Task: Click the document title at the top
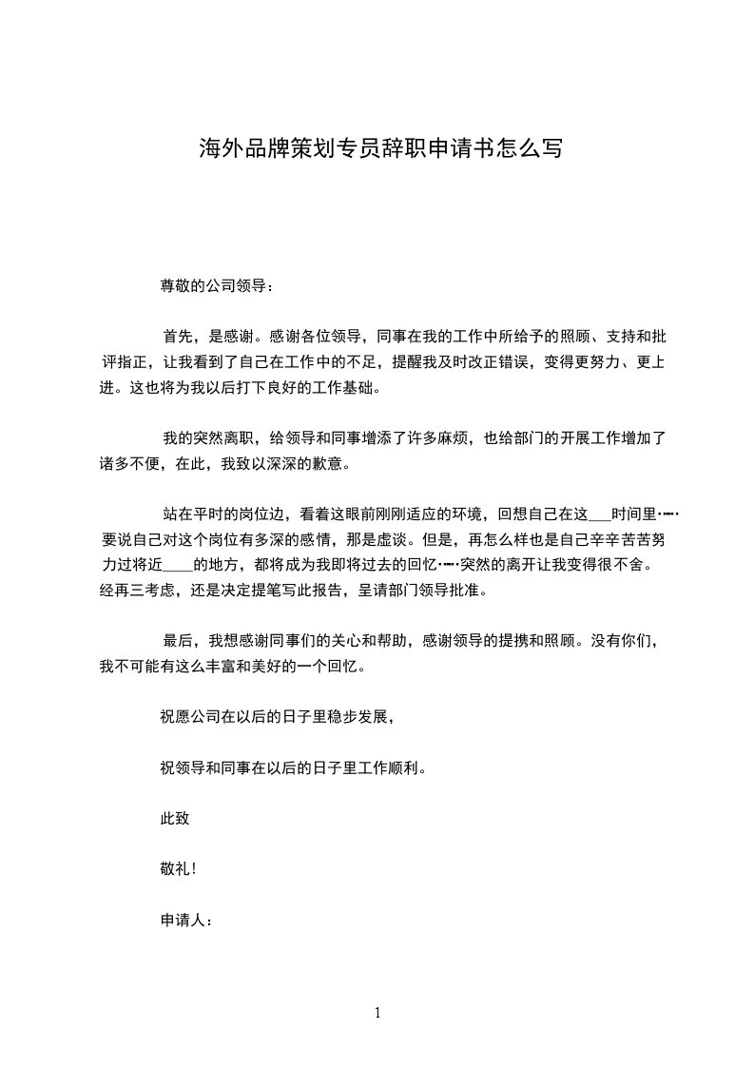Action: [379, 148]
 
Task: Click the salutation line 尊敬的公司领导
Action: [217, 285]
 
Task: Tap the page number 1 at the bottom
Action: [377, 1013]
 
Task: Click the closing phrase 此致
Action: [176, 817]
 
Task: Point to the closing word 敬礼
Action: [176, 868]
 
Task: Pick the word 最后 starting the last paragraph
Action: [178, 640]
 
